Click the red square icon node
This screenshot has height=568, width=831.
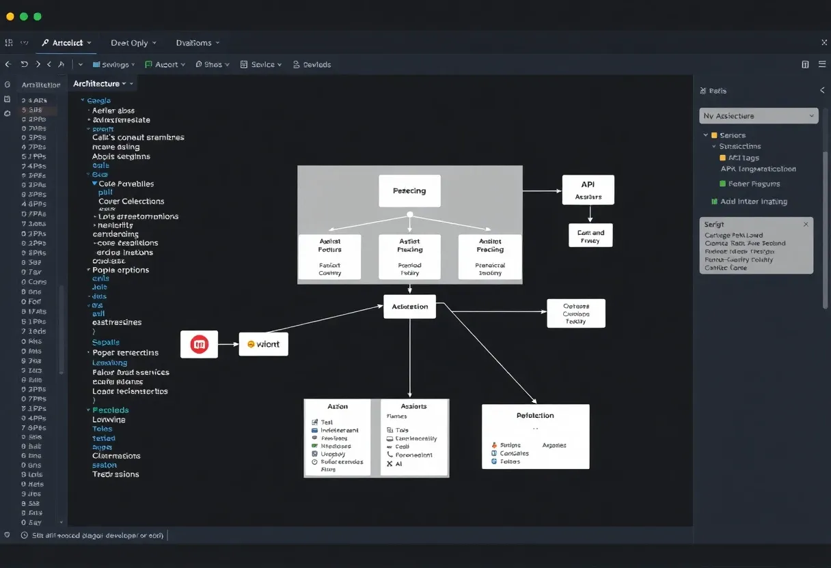[199, 344]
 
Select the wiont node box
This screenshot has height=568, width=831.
[264, 344]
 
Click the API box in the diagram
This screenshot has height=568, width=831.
[588, 189]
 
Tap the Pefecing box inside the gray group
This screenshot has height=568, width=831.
[409, 191]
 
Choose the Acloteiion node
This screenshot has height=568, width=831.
[409, 307]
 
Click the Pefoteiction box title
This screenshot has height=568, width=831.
[535, 415]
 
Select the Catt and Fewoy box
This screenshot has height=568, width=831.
[590, 236]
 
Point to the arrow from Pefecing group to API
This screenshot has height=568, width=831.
[542, 191]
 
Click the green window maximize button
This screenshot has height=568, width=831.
[38, 16]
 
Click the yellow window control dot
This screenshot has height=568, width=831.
[10, 16]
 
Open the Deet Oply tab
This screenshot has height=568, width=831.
[133, 42]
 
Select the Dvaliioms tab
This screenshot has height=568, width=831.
[197, 42]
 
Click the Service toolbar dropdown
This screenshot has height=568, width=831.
[262, 64]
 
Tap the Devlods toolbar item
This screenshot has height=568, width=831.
[312, 64]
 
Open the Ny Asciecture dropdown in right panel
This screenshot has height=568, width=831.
[759, 116]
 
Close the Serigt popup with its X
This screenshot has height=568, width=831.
[806, 224]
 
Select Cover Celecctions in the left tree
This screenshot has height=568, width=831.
[131, 201]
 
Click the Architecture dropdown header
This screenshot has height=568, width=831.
[100, 83]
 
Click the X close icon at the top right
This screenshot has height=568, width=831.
[823, 42]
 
